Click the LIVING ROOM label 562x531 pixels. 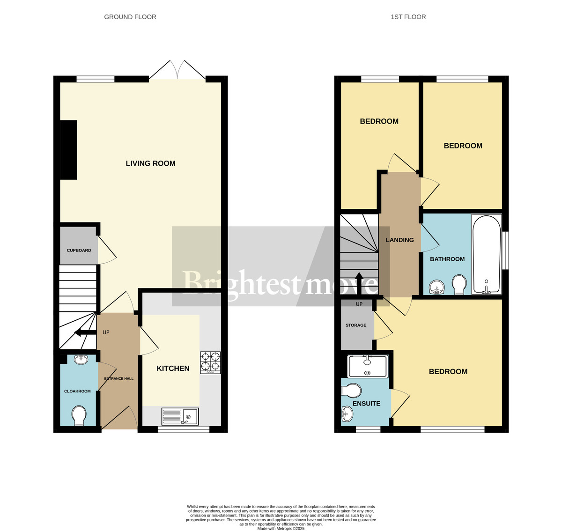coord(150,163)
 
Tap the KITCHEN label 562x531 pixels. coord(173,369)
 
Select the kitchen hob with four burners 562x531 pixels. coord(210,362)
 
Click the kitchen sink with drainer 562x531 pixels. coord(180,416)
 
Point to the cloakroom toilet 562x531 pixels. coord(79,415)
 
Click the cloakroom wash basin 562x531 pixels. coord(81,360)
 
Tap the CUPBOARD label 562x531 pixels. coord(79,251)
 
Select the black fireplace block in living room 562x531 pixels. coord(68,150)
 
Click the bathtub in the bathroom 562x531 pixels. coord(487,254)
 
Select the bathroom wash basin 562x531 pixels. coord(437,287)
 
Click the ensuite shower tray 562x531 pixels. coord(368,366)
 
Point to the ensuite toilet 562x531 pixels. coord(352,391)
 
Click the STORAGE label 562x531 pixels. coord(356,325)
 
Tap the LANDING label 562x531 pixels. coord(399,240)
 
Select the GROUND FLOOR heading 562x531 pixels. coord(130,17)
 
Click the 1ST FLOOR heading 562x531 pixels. coord(408,17)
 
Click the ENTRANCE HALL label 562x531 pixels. coord(119,378)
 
